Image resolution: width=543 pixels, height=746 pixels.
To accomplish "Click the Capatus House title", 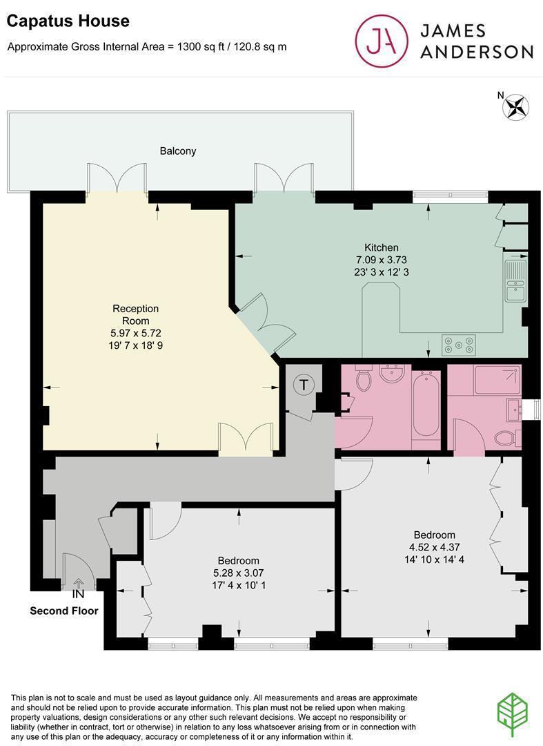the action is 68,21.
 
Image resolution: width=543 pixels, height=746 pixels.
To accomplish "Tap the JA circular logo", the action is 382,41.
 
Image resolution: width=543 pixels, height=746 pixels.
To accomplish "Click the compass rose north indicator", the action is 515,106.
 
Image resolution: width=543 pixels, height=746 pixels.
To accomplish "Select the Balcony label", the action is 178,151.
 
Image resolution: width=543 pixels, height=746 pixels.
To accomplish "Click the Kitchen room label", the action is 381,247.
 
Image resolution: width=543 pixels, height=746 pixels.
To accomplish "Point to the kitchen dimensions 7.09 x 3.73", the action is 382,260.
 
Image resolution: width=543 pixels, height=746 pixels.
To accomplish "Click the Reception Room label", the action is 135,314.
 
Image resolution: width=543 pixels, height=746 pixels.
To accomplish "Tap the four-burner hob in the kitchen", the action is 458,345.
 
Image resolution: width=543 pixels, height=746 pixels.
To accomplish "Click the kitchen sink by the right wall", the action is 516,280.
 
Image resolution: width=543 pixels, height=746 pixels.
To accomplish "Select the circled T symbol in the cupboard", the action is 304,384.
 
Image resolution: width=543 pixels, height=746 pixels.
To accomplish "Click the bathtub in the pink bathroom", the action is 426,405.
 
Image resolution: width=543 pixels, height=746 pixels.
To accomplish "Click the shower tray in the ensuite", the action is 497,379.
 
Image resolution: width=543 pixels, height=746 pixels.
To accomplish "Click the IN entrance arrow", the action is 79,582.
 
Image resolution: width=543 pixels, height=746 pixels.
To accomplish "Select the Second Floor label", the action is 64,611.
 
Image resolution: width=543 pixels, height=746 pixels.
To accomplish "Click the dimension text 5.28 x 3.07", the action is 239,573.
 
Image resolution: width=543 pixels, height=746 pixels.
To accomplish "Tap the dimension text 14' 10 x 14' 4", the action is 434,559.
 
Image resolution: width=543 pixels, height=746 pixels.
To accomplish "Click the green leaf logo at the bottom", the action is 512,715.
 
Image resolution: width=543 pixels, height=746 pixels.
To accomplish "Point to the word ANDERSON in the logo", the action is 477,52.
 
